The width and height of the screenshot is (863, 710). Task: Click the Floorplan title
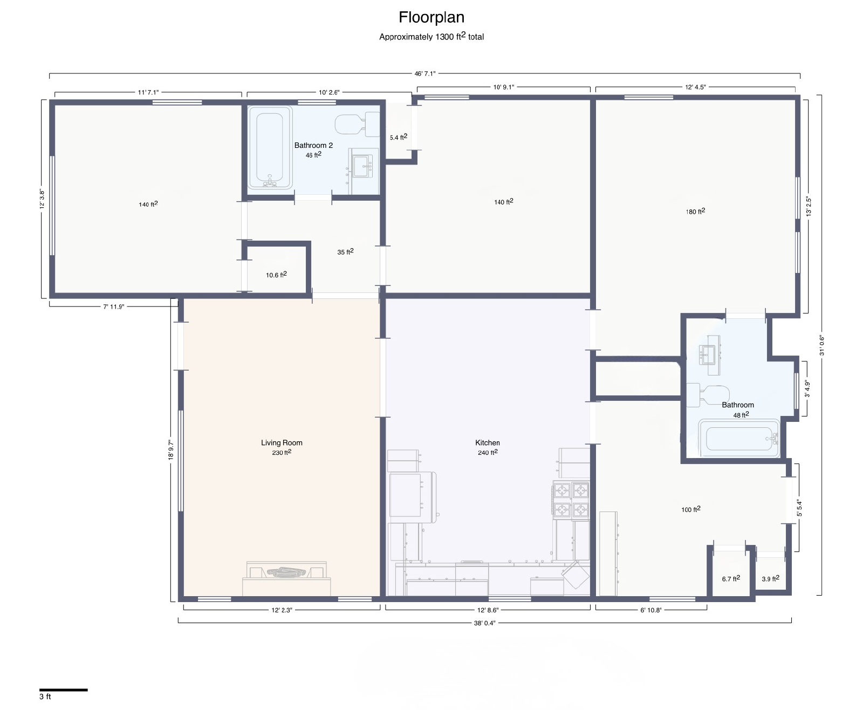432,18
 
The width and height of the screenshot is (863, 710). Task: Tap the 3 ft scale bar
64,690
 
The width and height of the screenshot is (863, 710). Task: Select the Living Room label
282,442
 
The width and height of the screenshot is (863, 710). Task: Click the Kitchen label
488,442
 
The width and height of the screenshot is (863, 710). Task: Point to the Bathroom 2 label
313,145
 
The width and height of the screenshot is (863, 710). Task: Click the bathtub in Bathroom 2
270,148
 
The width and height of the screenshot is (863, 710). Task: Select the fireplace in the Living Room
286,578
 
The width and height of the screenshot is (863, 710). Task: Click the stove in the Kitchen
571,500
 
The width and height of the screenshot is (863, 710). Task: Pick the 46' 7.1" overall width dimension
424,74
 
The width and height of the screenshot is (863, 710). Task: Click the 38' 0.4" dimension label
484,623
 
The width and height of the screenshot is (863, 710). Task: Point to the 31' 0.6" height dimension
821,345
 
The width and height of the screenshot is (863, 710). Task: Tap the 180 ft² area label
695,211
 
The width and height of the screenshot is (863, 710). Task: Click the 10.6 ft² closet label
276,275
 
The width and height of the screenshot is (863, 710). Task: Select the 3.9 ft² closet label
770,578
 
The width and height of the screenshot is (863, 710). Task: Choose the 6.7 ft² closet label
731,578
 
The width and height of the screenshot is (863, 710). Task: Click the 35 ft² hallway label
345,251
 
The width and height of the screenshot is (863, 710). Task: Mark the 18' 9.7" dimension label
171,450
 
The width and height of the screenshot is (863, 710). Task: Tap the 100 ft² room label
691,509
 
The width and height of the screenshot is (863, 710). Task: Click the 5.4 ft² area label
398,137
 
